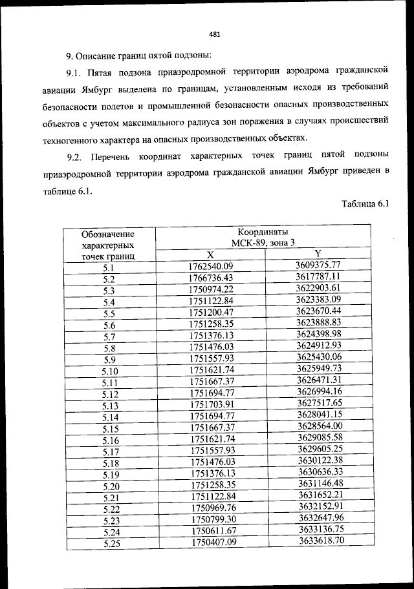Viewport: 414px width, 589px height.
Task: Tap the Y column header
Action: click(318, 253)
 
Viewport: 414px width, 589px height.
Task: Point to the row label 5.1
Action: click(108, 267)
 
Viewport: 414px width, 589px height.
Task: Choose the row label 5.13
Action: click(109, 406)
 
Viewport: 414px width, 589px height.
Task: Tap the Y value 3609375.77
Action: click(318, 265)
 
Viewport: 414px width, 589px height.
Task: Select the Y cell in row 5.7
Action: click(318, 334)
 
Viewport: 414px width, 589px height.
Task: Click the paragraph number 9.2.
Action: click(75, 157)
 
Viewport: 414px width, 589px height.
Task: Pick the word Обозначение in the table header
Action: click(108, 234)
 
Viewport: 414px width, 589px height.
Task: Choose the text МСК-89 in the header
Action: click(245, 243)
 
